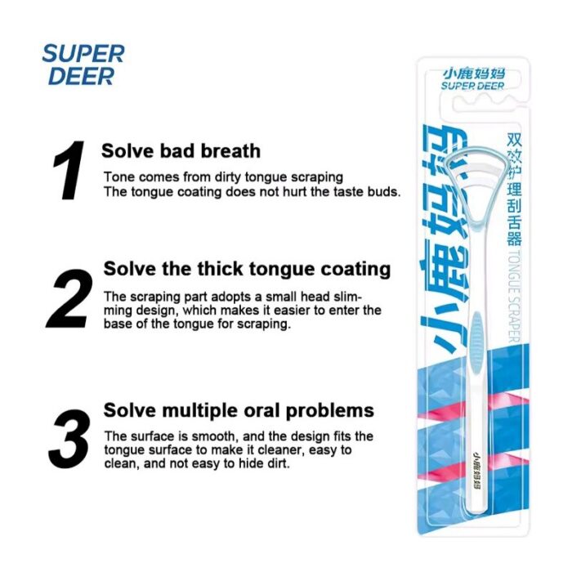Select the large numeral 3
69,439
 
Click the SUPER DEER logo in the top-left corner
83,65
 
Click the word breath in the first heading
230,151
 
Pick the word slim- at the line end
347,297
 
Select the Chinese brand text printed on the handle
476,470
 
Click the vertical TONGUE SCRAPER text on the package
514,297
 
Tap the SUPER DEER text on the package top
473,85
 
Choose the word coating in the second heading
355,270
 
